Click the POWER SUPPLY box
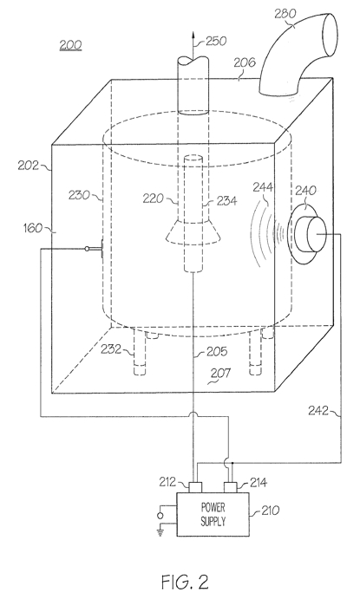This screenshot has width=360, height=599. click(x=213, y=514)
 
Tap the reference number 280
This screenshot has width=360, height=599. click(x=285, y=14)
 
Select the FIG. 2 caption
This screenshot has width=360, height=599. click(x=185, y=582)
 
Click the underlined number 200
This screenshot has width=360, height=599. click(x=70, y=45)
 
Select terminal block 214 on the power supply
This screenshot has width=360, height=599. click(x=231, y=487)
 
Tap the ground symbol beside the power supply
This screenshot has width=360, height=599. click(x=160, y=531)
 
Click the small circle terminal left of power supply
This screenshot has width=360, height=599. click(x=160, y=516)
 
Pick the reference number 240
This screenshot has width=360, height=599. click(x=306, y=190)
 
